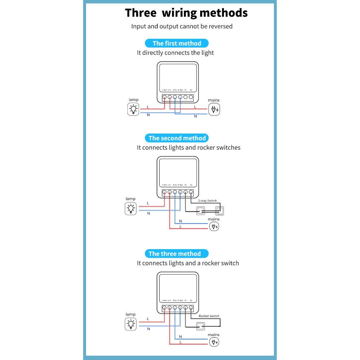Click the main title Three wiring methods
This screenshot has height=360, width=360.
(186, 13)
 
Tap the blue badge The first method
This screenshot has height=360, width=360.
(177, 43)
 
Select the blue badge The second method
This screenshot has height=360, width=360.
(177, 138)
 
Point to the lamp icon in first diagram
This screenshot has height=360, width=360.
(134, 109)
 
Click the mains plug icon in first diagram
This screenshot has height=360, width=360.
(215, 109)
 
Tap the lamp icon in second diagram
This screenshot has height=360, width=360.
(131, 208)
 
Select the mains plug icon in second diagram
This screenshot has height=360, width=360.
(214, 227)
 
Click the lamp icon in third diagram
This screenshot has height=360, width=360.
(131, 324)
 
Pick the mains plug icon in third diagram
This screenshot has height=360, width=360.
(214, 342)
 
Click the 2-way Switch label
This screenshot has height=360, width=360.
(207, 201)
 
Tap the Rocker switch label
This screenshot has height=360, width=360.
(209, 316)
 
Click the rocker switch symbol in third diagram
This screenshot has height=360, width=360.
(200, 327)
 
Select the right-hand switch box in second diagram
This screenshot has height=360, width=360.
(219, 211)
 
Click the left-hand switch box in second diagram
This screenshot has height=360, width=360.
(200, 211)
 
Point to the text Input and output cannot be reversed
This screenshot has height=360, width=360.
(182, 26)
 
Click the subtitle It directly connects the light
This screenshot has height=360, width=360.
(175, 53)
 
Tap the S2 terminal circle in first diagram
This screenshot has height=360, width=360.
(191, 97)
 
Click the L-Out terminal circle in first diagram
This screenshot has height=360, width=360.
(165, 97)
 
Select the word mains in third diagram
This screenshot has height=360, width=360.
(213, 335)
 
